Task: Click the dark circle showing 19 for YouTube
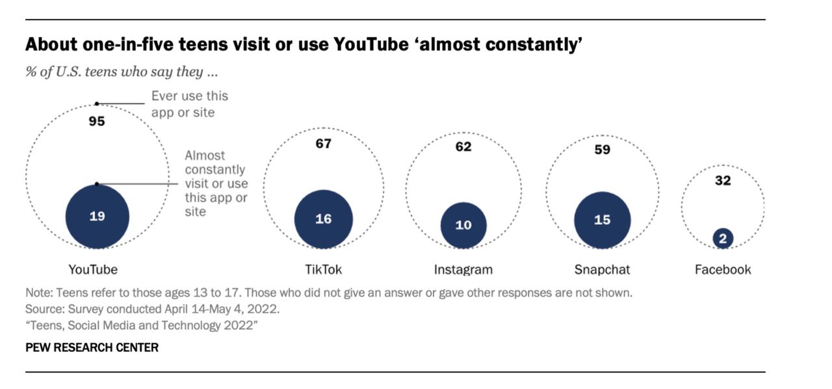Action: pos(97,216)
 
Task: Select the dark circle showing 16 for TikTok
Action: pos(323,219)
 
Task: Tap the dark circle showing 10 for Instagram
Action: pos(463,225)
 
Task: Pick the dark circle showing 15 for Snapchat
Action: pos(602,220)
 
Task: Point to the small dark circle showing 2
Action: pos(722,239)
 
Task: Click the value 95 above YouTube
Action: pos(97,121)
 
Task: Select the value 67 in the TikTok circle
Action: pos(323,144)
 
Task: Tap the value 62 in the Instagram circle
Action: pos(463,146)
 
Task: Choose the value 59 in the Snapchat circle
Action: pos(602,149)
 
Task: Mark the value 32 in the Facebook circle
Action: pos(723,180)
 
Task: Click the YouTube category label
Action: pos(93,269)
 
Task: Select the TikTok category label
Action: pos(323,269)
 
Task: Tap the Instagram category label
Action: pos(463,269)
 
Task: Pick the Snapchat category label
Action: pos(602,269)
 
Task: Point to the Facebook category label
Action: pos(723,269)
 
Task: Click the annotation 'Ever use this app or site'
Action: pos(190,104)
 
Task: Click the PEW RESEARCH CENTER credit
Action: pos(92,347)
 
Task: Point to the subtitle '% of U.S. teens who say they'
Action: pos(121,72)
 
